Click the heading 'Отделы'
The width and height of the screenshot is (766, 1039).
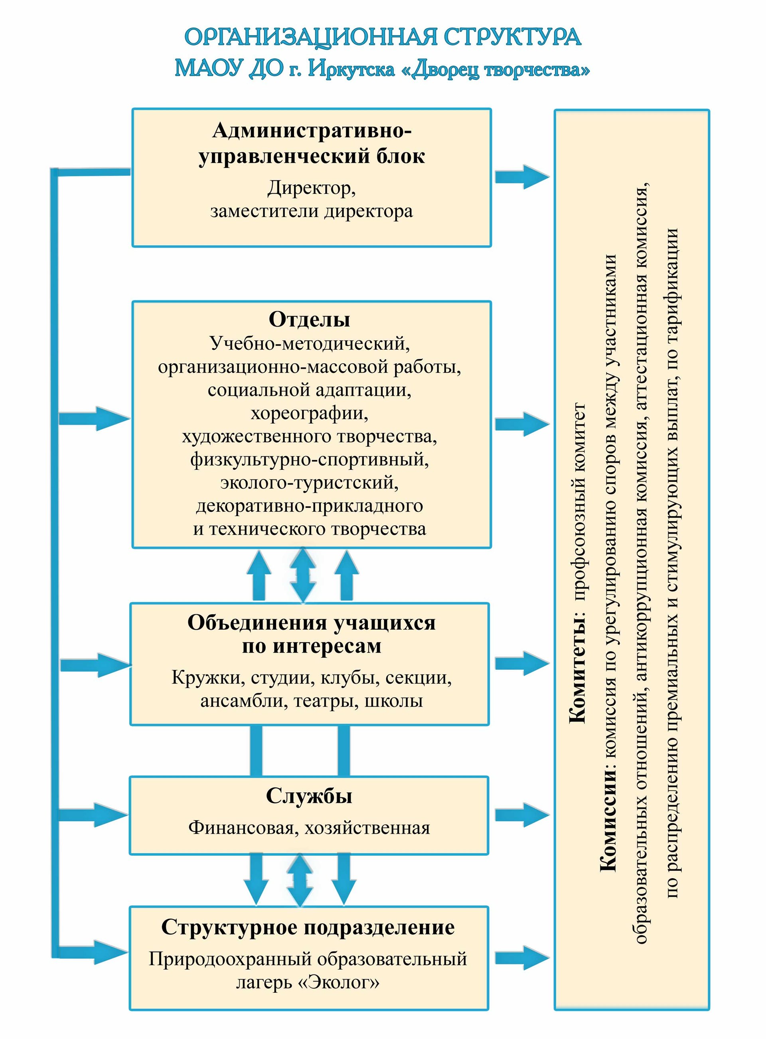[x=309, y=320]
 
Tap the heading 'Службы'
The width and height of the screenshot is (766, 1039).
[x=309, y=796]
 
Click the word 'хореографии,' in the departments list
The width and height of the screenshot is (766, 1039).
[x=309, y=413]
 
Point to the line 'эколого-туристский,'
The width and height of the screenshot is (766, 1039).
[x=309, y=483]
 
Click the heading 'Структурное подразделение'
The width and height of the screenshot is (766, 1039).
[x=308, y=927]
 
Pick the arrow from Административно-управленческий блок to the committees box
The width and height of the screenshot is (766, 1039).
[x=522, y=177]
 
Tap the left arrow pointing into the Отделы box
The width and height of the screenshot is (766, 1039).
[x=95, y=418]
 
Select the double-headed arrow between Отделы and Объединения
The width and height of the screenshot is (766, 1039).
[x=303, y=575]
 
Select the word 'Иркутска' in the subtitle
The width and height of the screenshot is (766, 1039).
[x=351, y=69]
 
